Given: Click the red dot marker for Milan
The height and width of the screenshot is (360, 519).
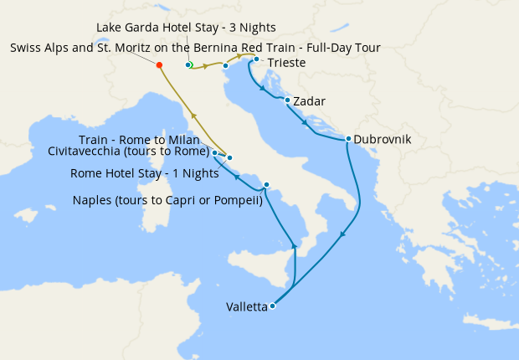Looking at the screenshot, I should coord(159,64).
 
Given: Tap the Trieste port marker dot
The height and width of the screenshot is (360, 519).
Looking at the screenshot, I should coord(256,59).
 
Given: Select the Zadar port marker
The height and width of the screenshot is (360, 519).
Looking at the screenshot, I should coord(288,100).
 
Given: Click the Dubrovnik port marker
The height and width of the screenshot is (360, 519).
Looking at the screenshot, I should coord(347,139).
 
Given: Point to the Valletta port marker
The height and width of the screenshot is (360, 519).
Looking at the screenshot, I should coord(273,306).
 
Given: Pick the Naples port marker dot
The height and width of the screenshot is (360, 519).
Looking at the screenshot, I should coord(266,185).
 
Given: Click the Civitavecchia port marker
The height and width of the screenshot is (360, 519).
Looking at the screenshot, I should coord(215,153).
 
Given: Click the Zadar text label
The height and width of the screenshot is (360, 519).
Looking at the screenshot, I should coord(309,102).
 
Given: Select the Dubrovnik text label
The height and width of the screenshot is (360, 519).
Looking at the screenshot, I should coord(383,140).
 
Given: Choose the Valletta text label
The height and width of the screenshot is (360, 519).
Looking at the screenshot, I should coord(247,307).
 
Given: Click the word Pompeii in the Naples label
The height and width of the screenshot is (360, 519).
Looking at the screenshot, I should coord(239,201).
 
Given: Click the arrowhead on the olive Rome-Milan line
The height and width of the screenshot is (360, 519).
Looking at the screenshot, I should coord(194,116).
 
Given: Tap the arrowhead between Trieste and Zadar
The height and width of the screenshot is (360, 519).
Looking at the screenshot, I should coord(264,88).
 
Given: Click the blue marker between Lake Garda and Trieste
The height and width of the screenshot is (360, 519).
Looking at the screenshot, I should coord(225,65).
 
